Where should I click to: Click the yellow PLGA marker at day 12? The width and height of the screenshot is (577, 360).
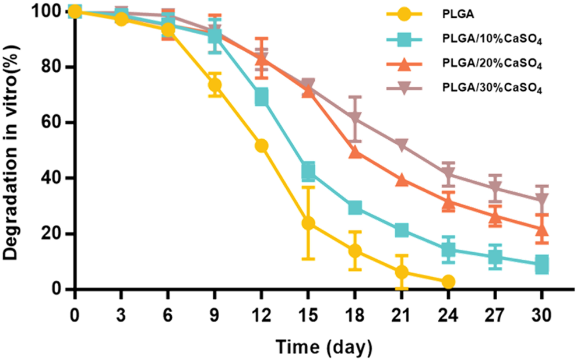pos(262,146)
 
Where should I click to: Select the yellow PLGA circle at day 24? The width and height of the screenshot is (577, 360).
pos(448,282)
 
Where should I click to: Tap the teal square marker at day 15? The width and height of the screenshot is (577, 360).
pos(308,171)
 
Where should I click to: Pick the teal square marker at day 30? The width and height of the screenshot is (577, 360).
pos(541,264)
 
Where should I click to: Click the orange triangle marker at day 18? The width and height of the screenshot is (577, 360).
pos(355,152)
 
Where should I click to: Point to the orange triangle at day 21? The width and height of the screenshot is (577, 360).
pos(402,180)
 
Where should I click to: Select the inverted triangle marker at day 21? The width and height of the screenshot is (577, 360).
pos(402,145)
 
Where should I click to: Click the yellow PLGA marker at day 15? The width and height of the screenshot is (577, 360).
pos(308,223)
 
